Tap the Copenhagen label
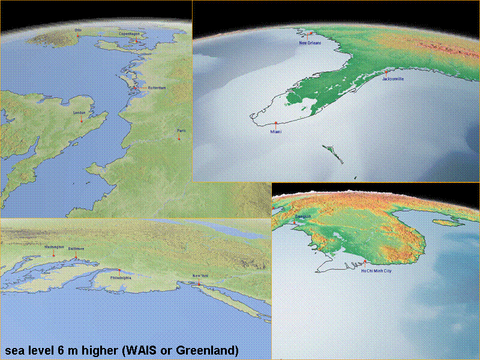point(129,34)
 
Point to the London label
point(80,112)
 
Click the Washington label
point(53,247)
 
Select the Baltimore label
point(76,248)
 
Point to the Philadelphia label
point(121,278)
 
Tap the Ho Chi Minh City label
point(376,271)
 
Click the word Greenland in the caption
point(210,349)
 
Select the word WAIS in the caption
point(139,349)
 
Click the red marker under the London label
point(82,121)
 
